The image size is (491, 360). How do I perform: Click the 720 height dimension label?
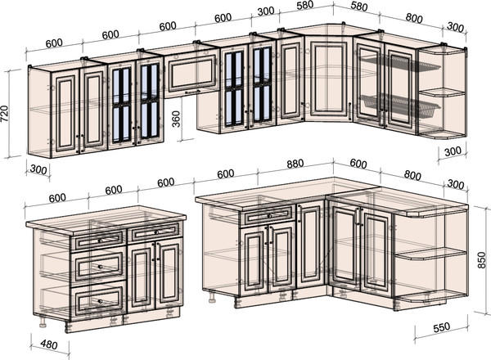click(5, 114)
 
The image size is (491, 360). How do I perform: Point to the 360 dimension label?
click(177, 119)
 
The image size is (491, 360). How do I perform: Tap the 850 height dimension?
click(482, 260)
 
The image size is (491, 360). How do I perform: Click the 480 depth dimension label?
click(49, 344)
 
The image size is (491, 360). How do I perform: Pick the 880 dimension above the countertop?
click(295, 164)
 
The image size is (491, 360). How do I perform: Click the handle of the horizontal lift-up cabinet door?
click(192, 92)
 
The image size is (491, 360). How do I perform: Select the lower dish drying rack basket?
click(400, 104)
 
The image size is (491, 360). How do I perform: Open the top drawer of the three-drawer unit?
click(98, 240)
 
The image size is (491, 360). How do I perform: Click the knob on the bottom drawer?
click(100, 301)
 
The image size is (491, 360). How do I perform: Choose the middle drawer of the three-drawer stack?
click(98, 265)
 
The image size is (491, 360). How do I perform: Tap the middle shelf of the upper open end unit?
click(442, 92)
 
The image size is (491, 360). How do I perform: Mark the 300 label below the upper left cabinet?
click(38, 169)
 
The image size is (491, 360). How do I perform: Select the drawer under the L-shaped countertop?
click(268, 215)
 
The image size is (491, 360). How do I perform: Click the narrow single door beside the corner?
click(310, 245)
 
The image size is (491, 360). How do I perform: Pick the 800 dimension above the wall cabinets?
click(414, 18)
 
